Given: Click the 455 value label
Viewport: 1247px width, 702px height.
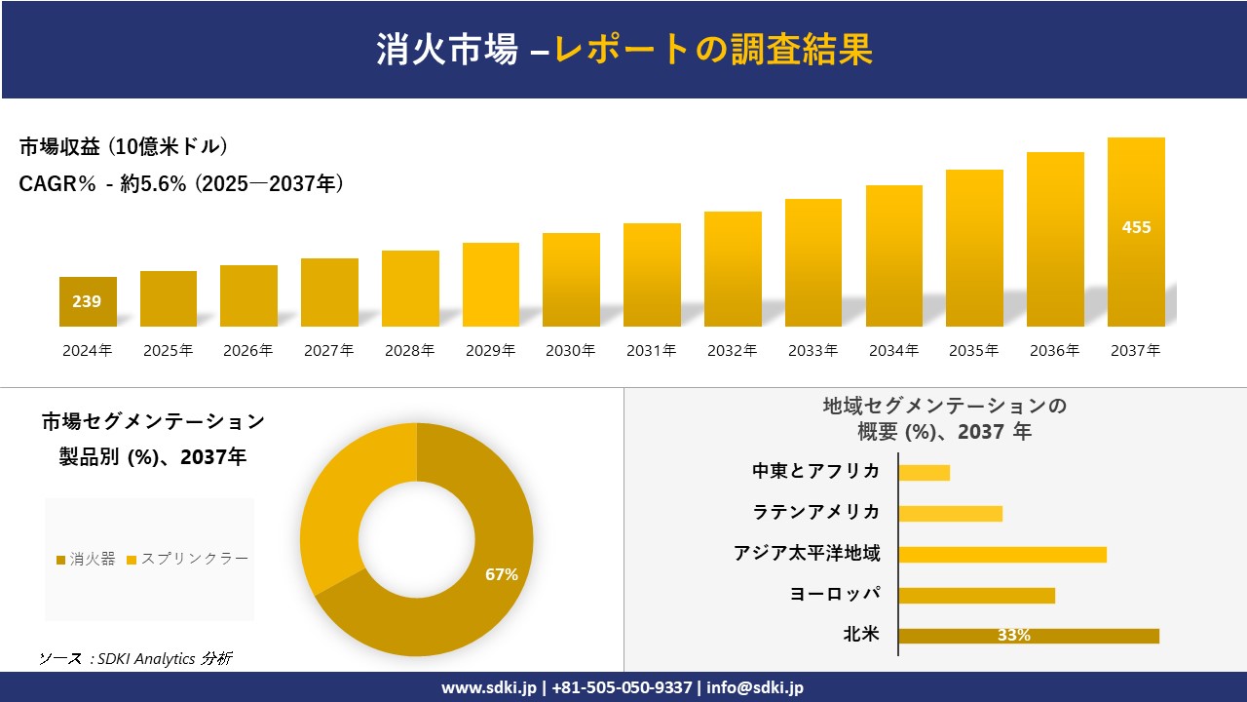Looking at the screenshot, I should point(1136,227).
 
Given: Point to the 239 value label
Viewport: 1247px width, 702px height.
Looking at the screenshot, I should point(87,301).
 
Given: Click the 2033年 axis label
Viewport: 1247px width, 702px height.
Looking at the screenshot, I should point(812,350).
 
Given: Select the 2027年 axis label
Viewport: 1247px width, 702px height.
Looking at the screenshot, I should point(329,350).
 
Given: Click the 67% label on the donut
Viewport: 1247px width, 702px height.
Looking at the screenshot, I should point(502,574).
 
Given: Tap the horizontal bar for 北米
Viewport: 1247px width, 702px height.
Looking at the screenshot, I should point(1029,636).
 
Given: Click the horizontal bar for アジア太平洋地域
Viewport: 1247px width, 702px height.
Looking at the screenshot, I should point(1002,554).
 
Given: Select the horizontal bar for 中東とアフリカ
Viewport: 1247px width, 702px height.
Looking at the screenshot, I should point(924,472).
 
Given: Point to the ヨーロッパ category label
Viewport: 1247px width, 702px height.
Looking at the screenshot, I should point(835,594).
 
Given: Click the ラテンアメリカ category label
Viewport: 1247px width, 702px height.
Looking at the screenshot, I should point(816,512).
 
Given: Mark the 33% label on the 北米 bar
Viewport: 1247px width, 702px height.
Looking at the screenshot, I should point(1013,636).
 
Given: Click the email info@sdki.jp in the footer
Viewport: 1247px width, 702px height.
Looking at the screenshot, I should point(754,687).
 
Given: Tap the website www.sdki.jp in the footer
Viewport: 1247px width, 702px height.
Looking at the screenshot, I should point(489,687).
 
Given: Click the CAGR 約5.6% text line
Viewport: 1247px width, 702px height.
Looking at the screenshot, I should point(181,183).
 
